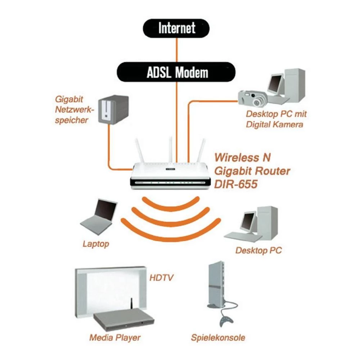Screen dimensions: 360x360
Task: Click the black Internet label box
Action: click(177, 28)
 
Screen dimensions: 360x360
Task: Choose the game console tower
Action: click(216, 284)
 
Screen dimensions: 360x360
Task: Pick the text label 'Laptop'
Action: click(96, 244)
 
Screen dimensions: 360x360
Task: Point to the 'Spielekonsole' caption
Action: click(218, 338)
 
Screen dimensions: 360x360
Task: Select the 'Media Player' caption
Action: click(115, 338)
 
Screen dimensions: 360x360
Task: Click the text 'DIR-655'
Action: click(236, 184)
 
